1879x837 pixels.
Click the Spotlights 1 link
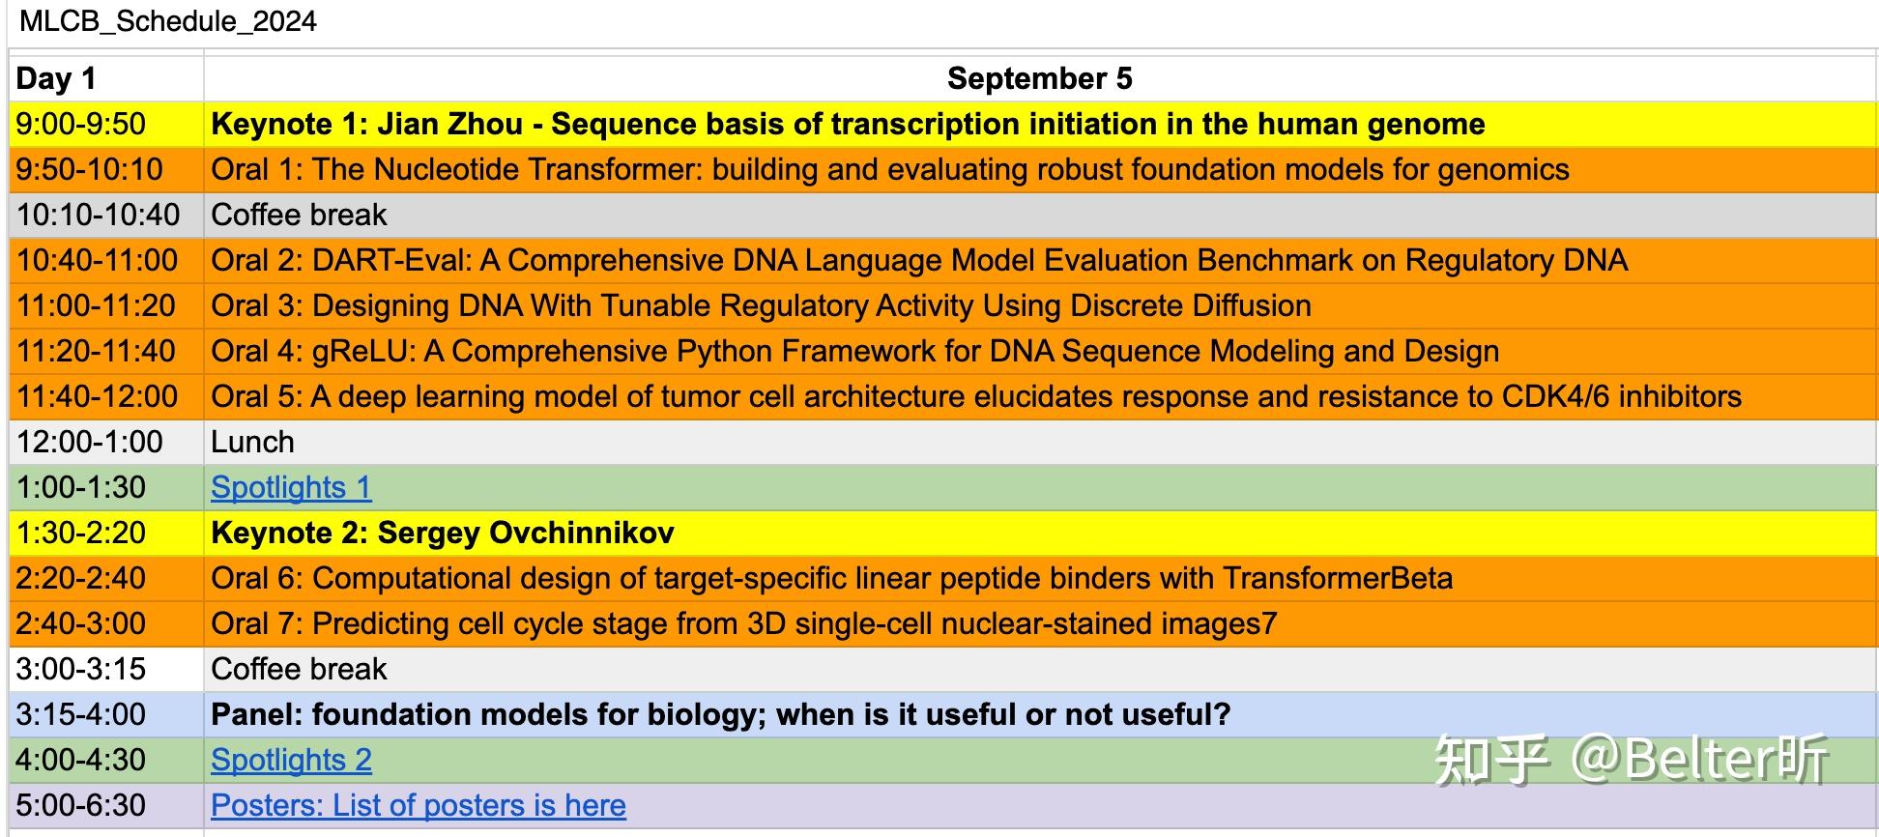pyautogui.click(x=291, y=487)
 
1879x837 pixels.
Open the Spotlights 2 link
pyautogui.click(x=291, y=760)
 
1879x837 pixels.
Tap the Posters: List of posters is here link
pyautogui.click(x=419, y=805)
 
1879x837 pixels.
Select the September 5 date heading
pyautogui.click(x=1039, y=78)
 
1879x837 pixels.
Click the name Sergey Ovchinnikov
pyautogui.click(x=526, y=533)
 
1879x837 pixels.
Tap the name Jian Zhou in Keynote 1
pyautogui.click(x=450, y=124)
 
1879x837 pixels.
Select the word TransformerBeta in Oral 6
pyautogui.click(x=1338, y=578)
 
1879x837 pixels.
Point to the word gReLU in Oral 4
pyautogui.click(x=363, y=351)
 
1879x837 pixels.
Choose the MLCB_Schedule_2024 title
pyautogui.click(x=168, y=21)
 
